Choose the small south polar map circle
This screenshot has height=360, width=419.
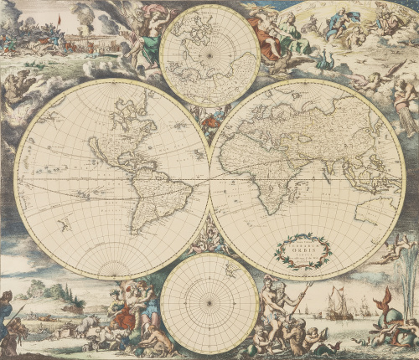click(x=209, y=302)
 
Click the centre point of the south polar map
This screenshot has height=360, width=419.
click(x=209, y=302)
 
